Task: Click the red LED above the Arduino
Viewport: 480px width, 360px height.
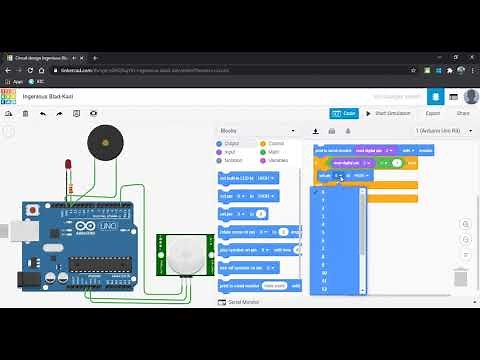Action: (x=68, y=164)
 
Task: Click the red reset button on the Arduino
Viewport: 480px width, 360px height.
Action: (x=63, y=210)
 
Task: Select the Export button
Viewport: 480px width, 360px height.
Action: (x=432, y=113)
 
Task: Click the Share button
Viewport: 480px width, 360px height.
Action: (x=463, y=113)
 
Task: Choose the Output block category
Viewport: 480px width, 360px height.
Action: (x=232, y=144)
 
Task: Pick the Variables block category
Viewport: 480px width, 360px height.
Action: (x=276, y=160)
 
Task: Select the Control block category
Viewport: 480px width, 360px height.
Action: (x=275, y=144)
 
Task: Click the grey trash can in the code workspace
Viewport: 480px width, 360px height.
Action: (x=460, y=277)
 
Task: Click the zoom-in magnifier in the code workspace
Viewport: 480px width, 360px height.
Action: (x=465, y=225)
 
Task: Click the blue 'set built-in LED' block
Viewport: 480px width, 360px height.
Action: (x=248, y=178)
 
